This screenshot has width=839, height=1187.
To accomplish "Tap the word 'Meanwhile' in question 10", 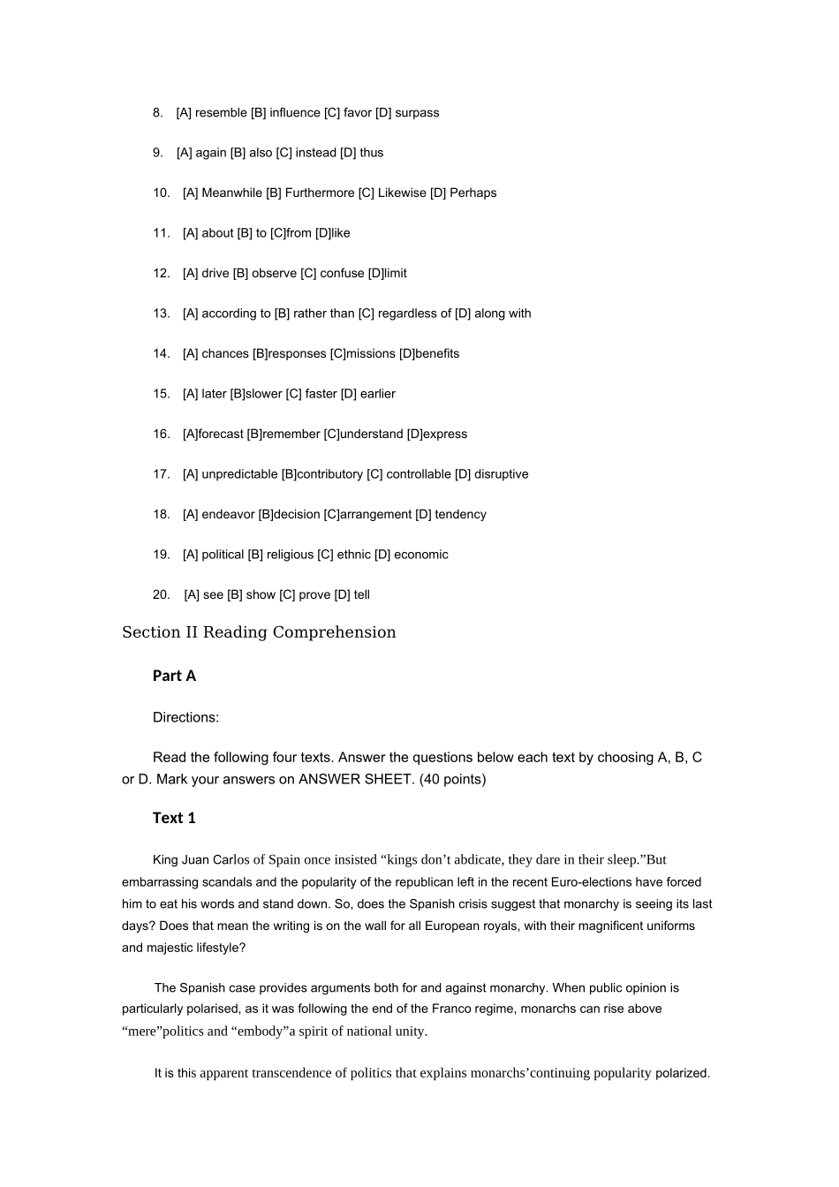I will click(231, 193).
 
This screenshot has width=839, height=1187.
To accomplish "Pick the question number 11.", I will click(161, 233).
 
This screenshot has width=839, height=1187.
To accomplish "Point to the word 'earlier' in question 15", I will click(377, 394).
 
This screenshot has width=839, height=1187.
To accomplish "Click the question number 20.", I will click(161, 594).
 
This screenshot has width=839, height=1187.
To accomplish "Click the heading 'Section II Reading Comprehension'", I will click(259, 632).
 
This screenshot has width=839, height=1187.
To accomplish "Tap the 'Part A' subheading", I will click(174, 676).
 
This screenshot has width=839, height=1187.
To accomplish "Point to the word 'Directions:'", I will click(185, 717).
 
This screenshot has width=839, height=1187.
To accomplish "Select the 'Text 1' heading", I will click(174, 818).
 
